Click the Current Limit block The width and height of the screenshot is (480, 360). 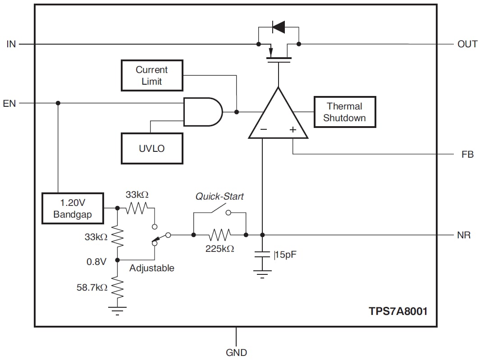pos(152,76)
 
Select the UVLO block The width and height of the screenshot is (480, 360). pos(152,148)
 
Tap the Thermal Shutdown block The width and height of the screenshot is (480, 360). pos(344,112)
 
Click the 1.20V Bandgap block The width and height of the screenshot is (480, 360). pos(73,209)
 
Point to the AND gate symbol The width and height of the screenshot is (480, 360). pos(202,112)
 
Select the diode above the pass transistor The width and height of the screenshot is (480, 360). pos(279,27)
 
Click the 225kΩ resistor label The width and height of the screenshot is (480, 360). pos(219,249)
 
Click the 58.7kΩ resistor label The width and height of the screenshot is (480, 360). pos(92,287)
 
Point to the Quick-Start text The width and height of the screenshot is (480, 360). pos(219,196)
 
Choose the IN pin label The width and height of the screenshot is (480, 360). pos(11,44)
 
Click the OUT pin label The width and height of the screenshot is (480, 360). pos(467,44)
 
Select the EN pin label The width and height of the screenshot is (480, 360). pos(9,103)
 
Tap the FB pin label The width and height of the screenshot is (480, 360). pos(467,155)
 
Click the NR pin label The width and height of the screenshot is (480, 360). pos(464,235)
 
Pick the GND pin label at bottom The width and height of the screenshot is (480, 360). pos(236,352)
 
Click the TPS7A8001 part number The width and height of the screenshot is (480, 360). pos(398,311)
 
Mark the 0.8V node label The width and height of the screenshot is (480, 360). pos(96,261)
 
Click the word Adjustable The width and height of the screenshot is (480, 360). pos(151,268)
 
